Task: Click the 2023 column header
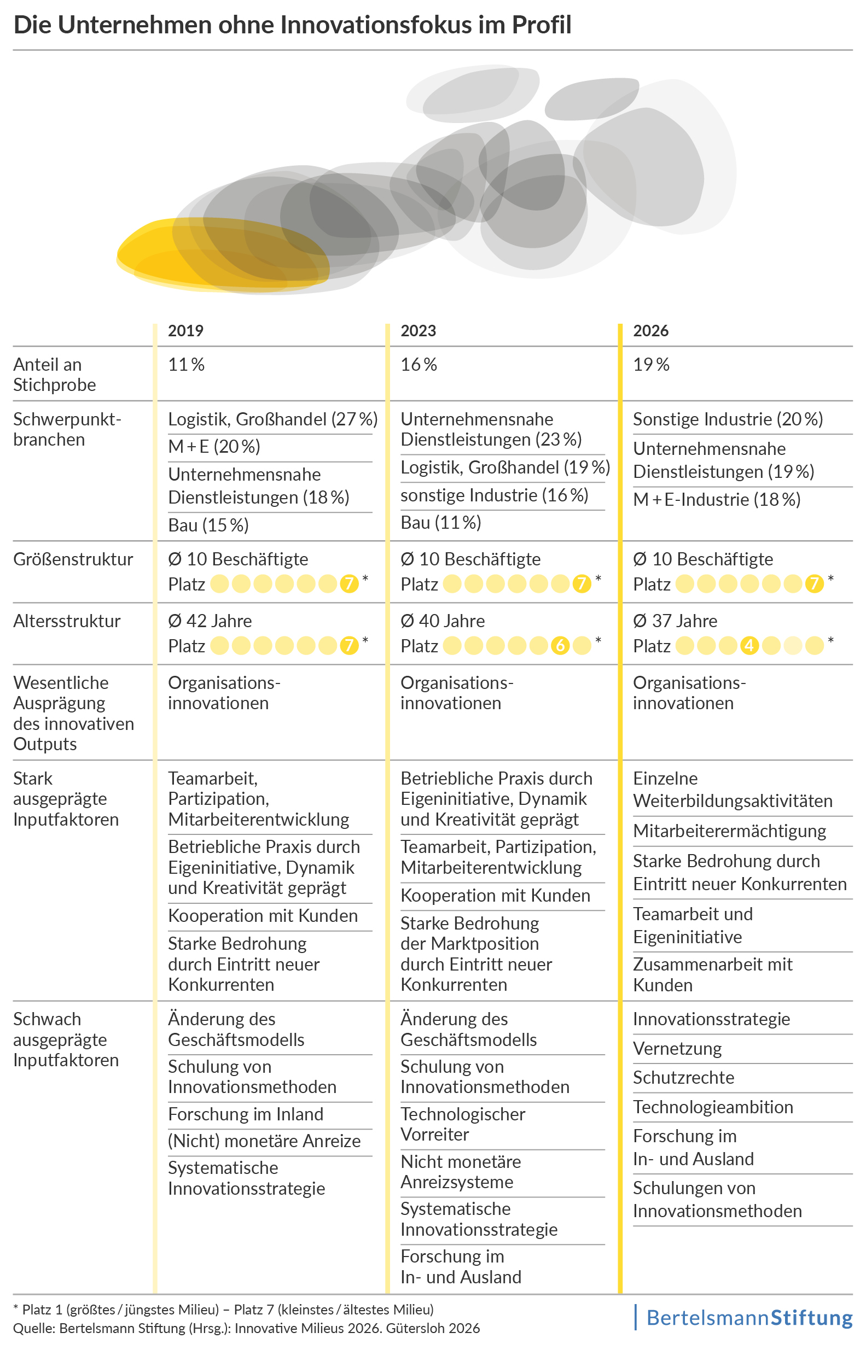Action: pyautogui.click(x=418, y=330)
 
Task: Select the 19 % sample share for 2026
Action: pyautogui.click(x=651, y=365)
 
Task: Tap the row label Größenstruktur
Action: pyautogui.click(x=73, y=559)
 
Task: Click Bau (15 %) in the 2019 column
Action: pyautogui.click(x=208, y=525)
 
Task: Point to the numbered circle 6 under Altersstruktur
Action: pyautogui.click(x=560, y=645)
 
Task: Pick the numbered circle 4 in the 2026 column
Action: pyautogui.click(x=748, y=645)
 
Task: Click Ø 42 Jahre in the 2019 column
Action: pyautogui.click(x=210, y=621)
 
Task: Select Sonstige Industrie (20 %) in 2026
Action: pyautogui.click(x=728, y=419)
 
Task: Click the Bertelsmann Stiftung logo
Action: pyautogui.click(x=748, y=1318)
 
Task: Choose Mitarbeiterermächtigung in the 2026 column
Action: pyautogui.click(x=729, y=831)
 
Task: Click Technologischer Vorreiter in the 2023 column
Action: pyautogui.click(x=462, y=1125)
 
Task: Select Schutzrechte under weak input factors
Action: pyautogui.click(x=683, y=1078)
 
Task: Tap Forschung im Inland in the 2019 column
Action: pyautogui.click(x=246, y=1114)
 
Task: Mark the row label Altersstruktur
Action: pyautogui.click(x=67, y=621)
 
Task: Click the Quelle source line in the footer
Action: pyautogui.click(x=246, y=1329)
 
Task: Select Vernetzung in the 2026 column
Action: pyautogui.click(x=677, y=1049)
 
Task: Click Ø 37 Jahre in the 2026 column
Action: pyautogui.click(x=675, y=621)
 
